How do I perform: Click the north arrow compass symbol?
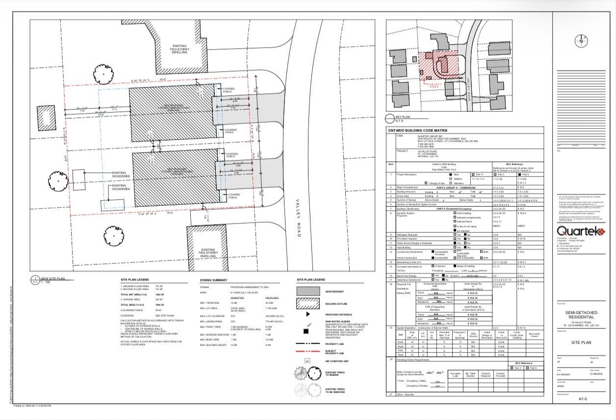581,41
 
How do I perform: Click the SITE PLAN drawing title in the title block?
582,342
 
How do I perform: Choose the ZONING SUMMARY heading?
213,280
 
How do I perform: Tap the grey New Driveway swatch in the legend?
308,292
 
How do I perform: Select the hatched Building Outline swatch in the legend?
308,304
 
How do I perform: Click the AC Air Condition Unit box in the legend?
308,361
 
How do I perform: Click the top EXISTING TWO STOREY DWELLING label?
179,49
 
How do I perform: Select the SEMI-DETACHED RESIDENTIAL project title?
582,315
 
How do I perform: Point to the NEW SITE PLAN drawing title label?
52,278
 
